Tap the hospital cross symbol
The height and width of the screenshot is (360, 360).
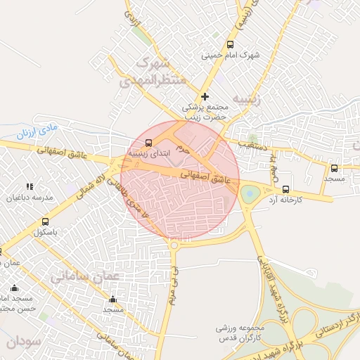[x=205, y=96]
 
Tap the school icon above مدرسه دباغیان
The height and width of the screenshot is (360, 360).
[x=30, y=186]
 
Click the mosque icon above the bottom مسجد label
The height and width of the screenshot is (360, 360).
[x=112, y=300]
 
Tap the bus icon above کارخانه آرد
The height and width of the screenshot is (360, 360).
[x=285, y=189]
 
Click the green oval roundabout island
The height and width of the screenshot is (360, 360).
[x=250, y=193]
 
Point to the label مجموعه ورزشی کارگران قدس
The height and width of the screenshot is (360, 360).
[x=240, y=333]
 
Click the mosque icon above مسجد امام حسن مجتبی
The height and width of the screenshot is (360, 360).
[x=14, y=288]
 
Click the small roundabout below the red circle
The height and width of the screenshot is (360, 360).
[x=174, y=245]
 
